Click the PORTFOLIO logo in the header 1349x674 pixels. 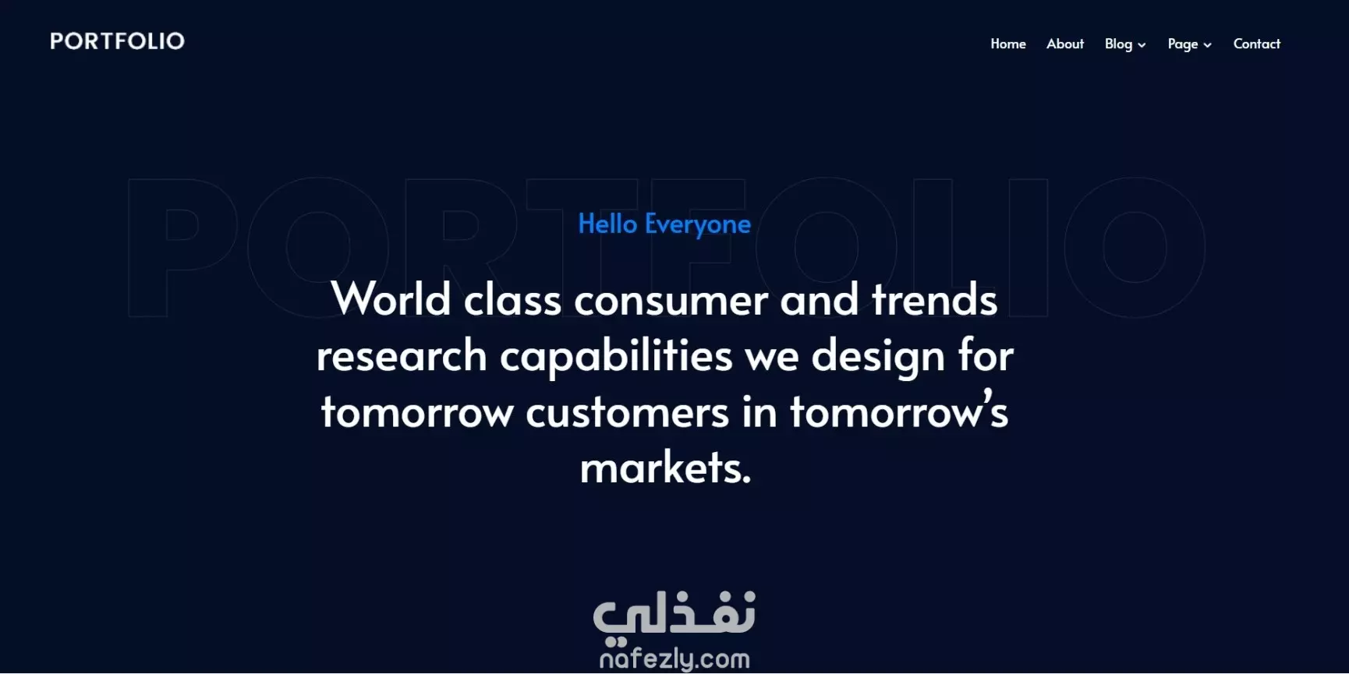coord(117,41)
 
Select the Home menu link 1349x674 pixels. coord(1008,44)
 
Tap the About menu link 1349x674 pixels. coord(1065,44)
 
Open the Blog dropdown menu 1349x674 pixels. coord(1125,44)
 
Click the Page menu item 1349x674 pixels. coord(1190,44)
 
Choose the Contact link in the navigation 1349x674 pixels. coord(1257,44)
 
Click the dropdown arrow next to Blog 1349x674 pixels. coord(1142,45)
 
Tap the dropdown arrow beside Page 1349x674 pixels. coord(1207,45)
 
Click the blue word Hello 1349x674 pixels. coord(607,224)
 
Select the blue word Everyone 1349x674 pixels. coord(698,225)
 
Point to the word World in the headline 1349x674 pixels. coord(391,298)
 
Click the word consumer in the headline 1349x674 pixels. coord(671,302)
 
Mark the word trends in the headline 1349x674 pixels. coord(935,299)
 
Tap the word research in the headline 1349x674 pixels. coord(402,356)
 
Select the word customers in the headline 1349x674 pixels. coord(628,413)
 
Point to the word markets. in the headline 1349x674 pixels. coord(666,468)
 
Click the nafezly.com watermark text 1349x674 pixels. coord(674,659)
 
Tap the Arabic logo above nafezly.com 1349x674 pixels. coord(674,616)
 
